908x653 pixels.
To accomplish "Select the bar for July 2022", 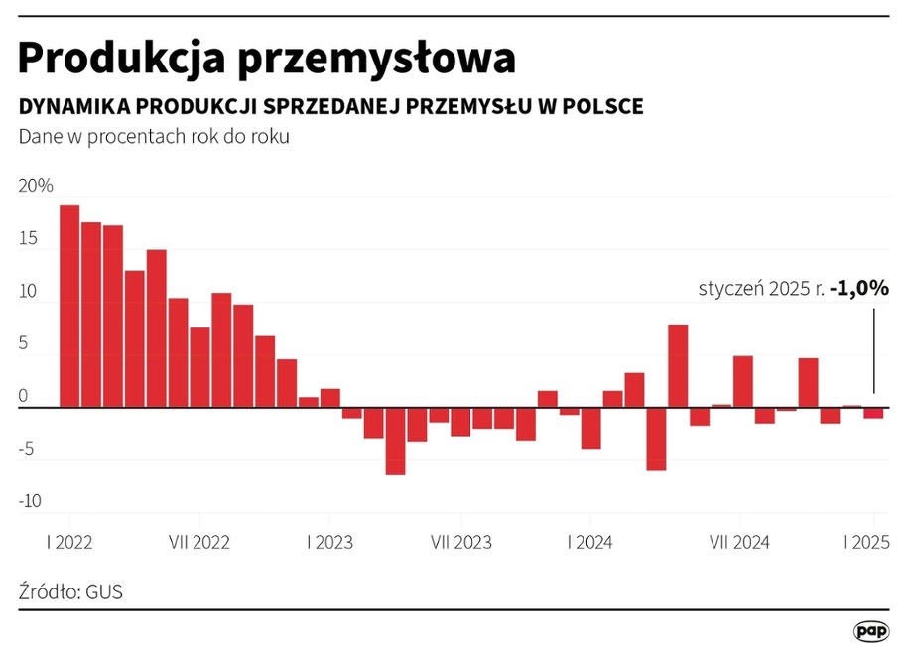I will (199, 367).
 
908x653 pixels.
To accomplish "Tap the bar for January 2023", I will (330, 398).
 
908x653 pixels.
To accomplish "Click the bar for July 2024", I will (743, 381).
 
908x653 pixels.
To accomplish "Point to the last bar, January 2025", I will (873, 413).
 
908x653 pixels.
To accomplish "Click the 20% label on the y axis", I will (36, 187).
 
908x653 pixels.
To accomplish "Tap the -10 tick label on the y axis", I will (30, 501).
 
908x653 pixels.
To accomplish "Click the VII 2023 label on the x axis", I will (460, 543).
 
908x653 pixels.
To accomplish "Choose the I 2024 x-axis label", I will (590, 543).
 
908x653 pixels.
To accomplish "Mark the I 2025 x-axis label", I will (866, 543).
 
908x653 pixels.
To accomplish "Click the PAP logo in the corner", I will (871, 631).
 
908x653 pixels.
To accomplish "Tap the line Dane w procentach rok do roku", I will (154, 137).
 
